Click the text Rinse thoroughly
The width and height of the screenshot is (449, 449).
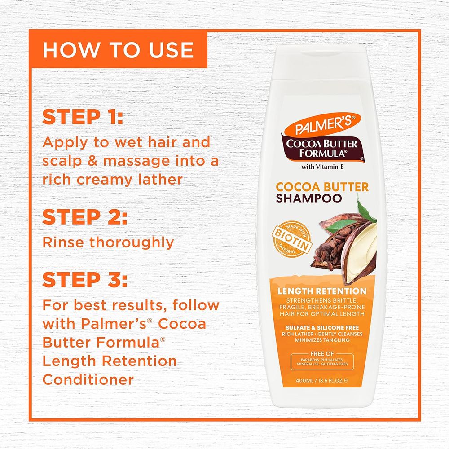click(x=108, y=242)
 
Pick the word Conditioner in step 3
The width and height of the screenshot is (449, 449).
click(x=88, y=379)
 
